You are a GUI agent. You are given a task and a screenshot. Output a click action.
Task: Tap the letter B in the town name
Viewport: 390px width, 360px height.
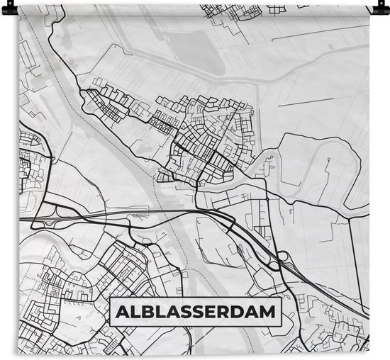click(150, 312)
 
